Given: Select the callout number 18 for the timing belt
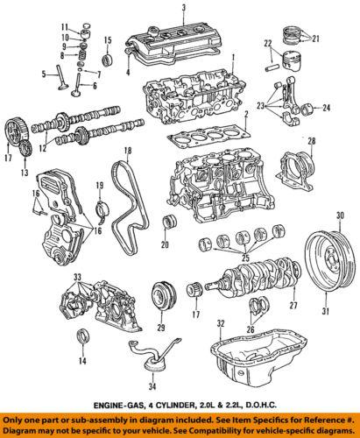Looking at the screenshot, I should coord(128,152).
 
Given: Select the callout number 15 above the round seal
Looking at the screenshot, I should coord(107,41).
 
